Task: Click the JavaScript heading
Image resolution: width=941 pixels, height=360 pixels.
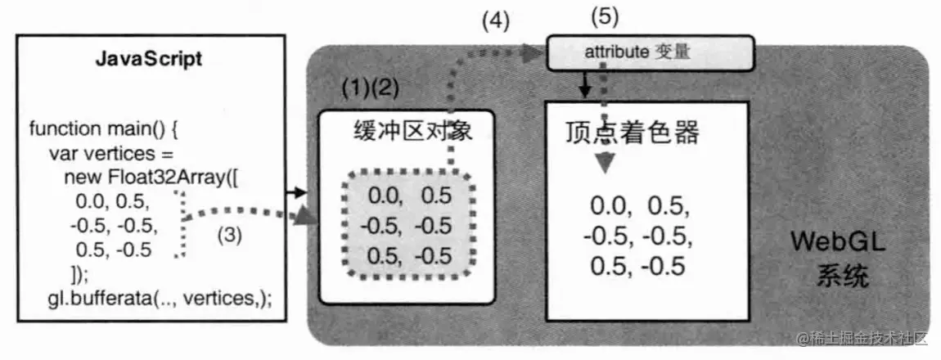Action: pos(149,60)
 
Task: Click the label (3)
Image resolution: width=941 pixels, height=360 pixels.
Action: pos(229,234)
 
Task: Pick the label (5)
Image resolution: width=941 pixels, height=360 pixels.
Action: pos(604,16)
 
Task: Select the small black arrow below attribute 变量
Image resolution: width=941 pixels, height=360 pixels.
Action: pos(584,85)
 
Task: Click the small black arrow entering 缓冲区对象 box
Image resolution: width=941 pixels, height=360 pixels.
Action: pos(298,192)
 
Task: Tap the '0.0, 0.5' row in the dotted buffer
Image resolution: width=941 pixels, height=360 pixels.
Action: pos(409,196)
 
